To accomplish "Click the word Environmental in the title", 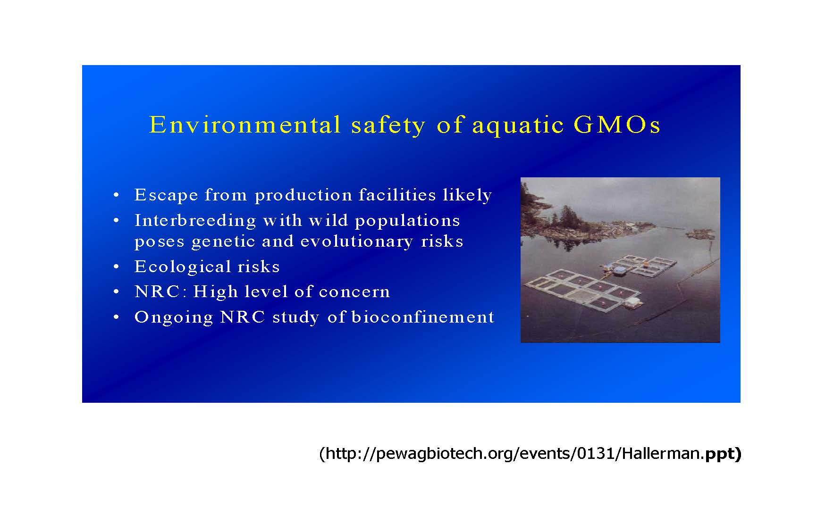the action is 245,125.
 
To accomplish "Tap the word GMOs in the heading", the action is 617,125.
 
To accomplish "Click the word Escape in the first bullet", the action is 166,195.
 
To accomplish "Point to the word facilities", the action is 397,194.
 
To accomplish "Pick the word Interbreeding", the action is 195,220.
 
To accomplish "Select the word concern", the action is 354,292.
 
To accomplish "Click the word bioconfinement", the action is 423,317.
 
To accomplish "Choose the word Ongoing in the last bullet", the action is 174,317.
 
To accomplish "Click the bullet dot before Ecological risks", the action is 116,267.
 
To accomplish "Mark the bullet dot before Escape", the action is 116,195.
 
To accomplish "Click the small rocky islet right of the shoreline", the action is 701,233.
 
